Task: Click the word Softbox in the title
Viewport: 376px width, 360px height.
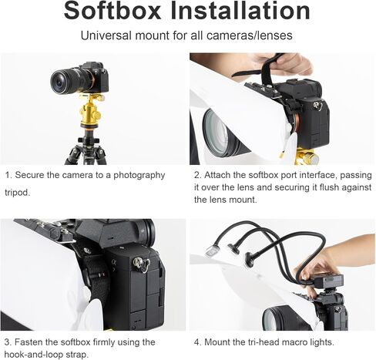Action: pyautogui.click(x=112, y=11)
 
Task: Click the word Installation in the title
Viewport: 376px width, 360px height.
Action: pyautogui.click(x=240, y=11)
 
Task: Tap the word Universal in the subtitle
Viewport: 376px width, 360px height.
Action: pyautogui.click(x=106, y=35)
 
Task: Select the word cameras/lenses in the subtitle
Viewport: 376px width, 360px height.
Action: pyautogui.click(x=249, y=35)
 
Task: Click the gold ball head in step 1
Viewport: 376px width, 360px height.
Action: pyautogui.click(x=90, y=111)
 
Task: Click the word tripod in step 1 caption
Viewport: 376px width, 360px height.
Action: pyautogui.click(x=16, y=193)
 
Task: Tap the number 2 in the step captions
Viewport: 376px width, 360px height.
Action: pyautogui.click(x=197, y=176)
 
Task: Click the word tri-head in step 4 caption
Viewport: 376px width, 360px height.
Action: pyautogui.click(x=264, y=342)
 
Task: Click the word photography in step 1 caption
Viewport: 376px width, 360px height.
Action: pyautogui.click(x=139, y=176)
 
